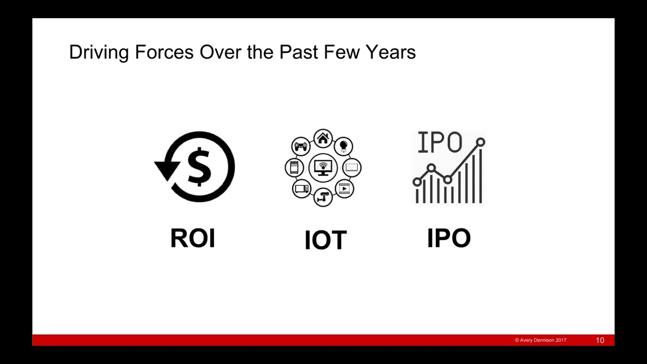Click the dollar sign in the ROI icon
tap(200, 167)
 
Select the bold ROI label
tap(193, 238)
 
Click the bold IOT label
tap(326, 240)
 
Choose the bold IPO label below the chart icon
tap(449, 238)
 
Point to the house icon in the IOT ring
tap(323, 138)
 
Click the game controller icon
tap(301, 146)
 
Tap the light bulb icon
tap(343, 146)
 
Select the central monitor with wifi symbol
tap(323, 168)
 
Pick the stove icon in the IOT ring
tap(294, 167)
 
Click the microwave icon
tap(302, 189)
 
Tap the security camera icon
tap(322, 197)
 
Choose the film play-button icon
tap(344, 189)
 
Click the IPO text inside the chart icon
tap(440, 142)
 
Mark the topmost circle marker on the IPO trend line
tap(481, 142)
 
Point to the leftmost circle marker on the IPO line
tap(417, 182)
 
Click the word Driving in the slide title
tap(99, 53)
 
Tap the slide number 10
tap(600, 340)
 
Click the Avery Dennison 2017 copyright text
tap(540, 340)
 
